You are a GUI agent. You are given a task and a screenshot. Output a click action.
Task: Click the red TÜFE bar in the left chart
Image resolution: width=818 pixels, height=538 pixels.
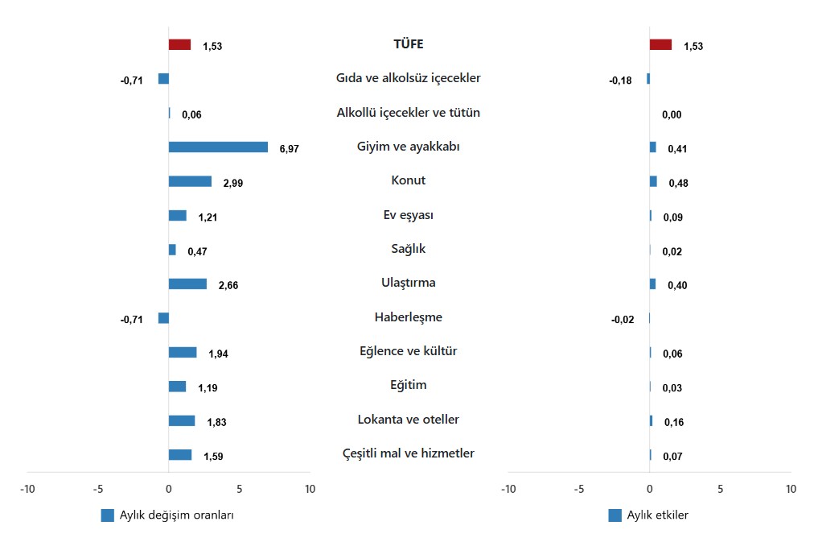click(x=179, y=45)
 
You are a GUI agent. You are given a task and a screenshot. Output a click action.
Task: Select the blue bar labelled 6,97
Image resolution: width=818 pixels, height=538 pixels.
click(x=218, y=147)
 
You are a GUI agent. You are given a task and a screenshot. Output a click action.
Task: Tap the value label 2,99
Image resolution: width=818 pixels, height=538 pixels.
click(x=232, y=183)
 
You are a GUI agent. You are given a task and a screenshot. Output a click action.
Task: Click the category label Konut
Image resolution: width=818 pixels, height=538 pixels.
click(x=409, y=180)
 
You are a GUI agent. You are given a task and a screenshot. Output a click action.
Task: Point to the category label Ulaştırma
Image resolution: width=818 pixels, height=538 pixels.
click(x=409, y=283)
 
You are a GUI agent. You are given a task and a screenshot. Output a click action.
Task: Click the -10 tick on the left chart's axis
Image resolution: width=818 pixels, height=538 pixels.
click(x=27, y=489)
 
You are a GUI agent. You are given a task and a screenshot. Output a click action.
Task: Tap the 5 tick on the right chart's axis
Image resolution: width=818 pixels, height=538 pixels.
click(x=720, y=489)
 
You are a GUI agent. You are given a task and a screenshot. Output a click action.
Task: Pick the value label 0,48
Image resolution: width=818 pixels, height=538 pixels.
click(x=679, y=183)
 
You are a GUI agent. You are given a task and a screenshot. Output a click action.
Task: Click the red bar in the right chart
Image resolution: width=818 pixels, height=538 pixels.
click(x=660, y=45)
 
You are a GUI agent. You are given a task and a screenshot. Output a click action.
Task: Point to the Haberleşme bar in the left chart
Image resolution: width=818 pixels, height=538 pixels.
click(x=163, y=318)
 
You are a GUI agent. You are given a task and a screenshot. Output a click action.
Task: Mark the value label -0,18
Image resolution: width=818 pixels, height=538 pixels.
click(x=620, y=81)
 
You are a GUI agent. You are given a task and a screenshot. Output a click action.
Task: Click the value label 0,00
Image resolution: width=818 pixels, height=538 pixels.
click(x=672, y=114)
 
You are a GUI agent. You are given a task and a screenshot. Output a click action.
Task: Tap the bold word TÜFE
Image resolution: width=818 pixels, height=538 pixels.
click(x=408, y=44)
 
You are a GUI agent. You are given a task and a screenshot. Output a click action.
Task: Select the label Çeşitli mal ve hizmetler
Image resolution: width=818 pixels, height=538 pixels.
click(x=409, y=453)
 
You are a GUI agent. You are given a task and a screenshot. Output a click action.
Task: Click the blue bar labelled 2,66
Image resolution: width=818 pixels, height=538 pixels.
click(x=187, y=283)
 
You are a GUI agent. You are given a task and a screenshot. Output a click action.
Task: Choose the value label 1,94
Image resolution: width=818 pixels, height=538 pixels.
click(x=218, y=354)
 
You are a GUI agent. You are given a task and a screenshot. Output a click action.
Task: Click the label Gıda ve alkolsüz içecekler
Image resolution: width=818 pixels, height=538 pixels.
click(x=409, y=78)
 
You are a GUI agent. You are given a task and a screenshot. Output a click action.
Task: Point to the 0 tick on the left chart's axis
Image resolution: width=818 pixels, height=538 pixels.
click(x=168, y=489)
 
